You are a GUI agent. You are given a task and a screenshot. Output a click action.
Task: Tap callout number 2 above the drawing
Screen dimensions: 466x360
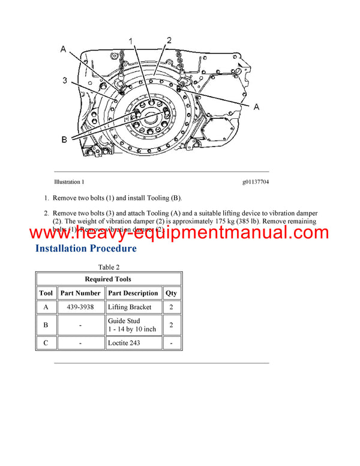[x=169, y=40]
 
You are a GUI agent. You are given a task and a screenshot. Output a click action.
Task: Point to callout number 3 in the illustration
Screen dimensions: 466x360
[x=64, y=80]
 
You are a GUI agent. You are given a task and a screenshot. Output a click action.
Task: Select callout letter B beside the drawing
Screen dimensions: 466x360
[x=64, y=141]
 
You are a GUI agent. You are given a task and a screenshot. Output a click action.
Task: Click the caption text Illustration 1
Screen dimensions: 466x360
[x=69, y=181]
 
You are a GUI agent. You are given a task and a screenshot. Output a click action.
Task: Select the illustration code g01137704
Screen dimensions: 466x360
[x=256, y=181]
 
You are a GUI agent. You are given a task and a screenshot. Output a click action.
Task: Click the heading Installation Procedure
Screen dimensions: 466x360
[x=86, y=248]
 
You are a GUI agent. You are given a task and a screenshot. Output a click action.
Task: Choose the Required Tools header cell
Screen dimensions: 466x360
[x=109, y=279]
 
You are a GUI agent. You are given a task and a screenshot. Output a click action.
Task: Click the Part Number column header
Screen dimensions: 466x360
[x=80, y=294]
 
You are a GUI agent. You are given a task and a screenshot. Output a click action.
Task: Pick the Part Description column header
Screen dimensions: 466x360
[x=133, y=294]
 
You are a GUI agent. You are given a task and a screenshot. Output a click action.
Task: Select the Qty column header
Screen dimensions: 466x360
[x=172, y=294]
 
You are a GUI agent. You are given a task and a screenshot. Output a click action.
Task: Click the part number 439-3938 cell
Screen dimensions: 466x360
[x=80, y=307]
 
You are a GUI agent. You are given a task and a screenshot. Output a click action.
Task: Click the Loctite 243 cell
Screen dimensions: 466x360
[x=124, y=343]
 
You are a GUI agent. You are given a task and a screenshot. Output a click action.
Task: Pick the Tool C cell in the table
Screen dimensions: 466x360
[x=46, y=343]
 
